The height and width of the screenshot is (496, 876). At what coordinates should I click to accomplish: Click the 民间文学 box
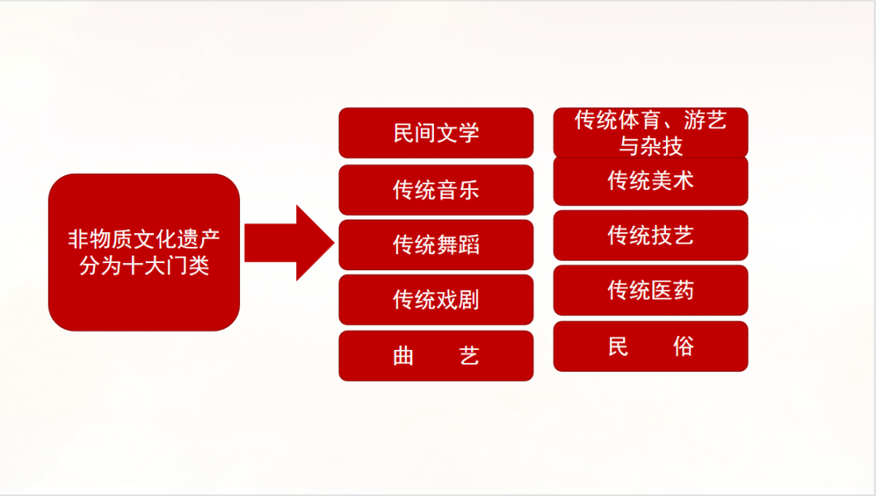[x=436, y=132]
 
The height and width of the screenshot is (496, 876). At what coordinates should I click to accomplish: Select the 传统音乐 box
[x=436, y=190]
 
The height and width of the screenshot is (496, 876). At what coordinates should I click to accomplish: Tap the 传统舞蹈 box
[x=436, y=244]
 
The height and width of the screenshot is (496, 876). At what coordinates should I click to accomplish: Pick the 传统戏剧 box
[x=436, y=300]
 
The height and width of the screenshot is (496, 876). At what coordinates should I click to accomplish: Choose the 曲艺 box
[x=436, y=356]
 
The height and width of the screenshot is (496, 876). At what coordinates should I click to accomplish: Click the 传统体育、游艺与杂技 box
[x=651, y=132]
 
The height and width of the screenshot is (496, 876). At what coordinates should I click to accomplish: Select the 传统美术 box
[x=651, y=180]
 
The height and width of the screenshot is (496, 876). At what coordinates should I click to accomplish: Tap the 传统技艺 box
[x=651, y=235]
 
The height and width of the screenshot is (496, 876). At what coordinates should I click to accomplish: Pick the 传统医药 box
[x=651, y=290]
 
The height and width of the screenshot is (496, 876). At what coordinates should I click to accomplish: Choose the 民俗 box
[x=651, y=347]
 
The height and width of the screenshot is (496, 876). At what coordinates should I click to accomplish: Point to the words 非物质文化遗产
[x=144, y=240]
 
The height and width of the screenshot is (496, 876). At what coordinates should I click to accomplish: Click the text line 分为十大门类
[x=144, y=265]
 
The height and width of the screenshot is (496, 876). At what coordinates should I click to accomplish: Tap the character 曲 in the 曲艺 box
[x=403, y=356]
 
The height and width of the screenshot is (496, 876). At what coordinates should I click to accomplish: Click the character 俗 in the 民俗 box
[x=683, y=347]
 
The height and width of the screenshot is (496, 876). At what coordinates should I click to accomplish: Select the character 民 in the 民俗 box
[x=618, y=347]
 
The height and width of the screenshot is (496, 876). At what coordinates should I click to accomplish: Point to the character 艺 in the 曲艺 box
[x=469, y=356]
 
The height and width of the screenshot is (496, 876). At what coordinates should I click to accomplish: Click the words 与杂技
[x=651, y=145]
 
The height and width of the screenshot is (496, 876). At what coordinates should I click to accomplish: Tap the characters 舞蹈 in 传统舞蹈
[x=457, y=244]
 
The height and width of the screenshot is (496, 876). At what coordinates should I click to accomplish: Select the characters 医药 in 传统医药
[x=672, y=290]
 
